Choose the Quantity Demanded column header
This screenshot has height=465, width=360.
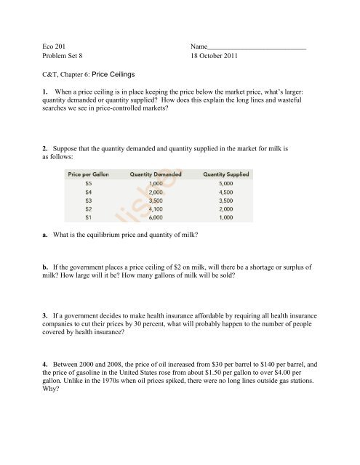pyautogui.click(x=156, y=174)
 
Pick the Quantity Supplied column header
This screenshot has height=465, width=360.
pyautogui.click(x=226, y=174)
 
